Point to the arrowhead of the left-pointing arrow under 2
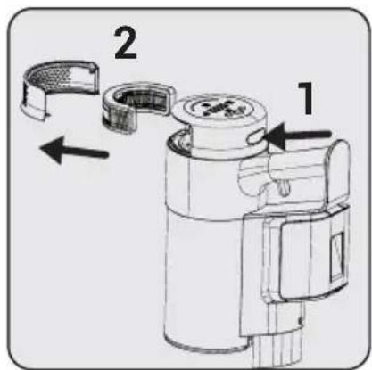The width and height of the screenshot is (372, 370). point(45,146)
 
